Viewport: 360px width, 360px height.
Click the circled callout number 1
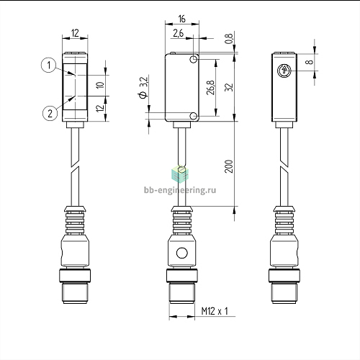[x=49, y=65]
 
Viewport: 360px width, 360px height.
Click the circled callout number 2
[x=50, y=113]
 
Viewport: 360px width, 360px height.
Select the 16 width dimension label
[x=182, y=19]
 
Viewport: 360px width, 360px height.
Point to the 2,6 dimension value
[x=178, y=33]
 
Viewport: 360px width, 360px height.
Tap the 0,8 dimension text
[x=229, y=39]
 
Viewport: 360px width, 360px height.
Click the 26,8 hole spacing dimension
[x=210, y=87]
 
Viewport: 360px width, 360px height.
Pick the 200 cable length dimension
[x=229, y=166]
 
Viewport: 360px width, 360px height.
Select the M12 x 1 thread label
[x=215, y=311]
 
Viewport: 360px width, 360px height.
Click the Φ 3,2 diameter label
[x=143, y=87]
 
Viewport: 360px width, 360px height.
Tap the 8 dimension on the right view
[x=310, y=62]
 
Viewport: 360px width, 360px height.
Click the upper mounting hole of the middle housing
[x=194, y=59]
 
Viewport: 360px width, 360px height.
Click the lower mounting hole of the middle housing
[x=194, y=116]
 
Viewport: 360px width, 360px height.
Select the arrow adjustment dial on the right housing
[x=284, y=71]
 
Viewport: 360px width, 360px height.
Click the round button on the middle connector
[x=182, y=253]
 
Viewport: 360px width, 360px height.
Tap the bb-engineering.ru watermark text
[x=180, y=190]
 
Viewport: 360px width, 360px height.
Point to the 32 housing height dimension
[x=229, y=87]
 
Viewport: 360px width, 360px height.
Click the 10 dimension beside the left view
[x=101, y=85]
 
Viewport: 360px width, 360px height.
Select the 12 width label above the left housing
[x=75, y=33]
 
